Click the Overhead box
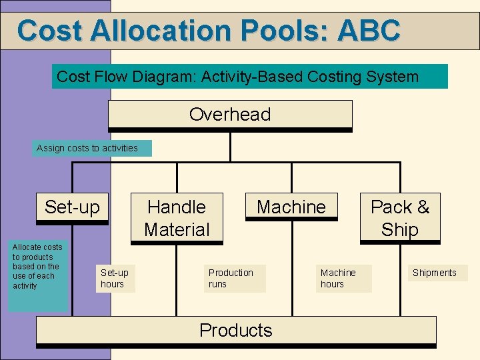click(230, 115)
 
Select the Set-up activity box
click(72, 207)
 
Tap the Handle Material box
click(177, 218)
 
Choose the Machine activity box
click(291, 207)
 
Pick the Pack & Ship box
click(400, 218)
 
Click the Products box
click(236, 331)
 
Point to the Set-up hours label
click(115, 278)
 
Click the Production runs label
click(231, 278)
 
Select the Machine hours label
click(338, 278)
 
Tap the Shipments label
click(435, 273)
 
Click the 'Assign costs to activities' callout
click(87, 148)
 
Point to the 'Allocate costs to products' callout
click(37, 267)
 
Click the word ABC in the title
click(369, 30)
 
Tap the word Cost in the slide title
click(49, 30)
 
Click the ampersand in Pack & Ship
click(423, 207)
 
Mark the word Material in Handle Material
click(177, 229)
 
